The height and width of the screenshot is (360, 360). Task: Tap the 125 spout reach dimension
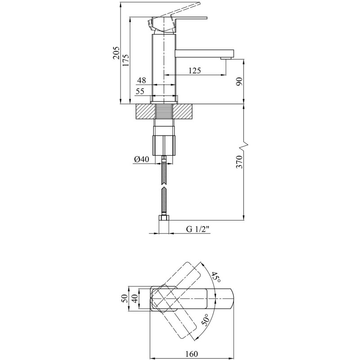pos(194,70)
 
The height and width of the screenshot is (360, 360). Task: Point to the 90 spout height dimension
pos(239,81)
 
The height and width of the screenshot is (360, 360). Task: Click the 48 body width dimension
pos(141,80)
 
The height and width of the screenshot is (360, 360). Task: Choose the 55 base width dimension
pos(140,91)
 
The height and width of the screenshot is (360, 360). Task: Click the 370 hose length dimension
pos(239,162)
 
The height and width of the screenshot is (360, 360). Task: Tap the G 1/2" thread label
pos(198,229)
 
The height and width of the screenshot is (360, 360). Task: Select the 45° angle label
pos(216,277)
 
